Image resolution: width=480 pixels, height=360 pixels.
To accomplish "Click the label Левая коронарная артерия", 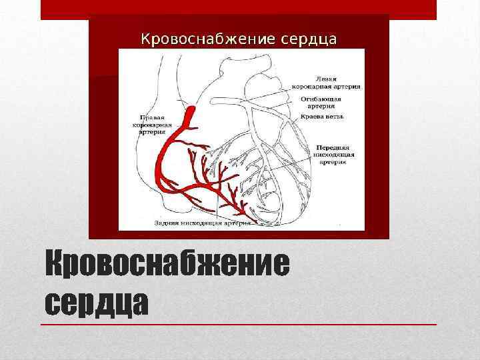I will pyautogui.click(x=326, y=81).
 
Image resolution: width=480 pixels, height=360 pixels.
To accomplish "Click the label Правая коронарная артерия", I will pyautogui.click(x=155, y=124).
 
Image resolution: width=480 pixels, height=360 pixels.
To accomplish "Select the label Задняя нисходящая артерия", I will pyautogui.click(x=202, y=223).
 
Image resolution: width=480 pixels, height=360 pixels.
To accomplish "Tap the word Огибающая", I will pyautogui.click(x=321, y=97).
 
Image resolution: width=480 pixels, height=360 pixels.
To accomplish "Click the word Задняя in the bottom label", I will pyautogui.click(x=166, y=223).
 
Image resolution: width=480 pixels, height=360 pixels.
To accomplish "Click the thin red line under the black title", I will pyautogui.click(x=240, y=324).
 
